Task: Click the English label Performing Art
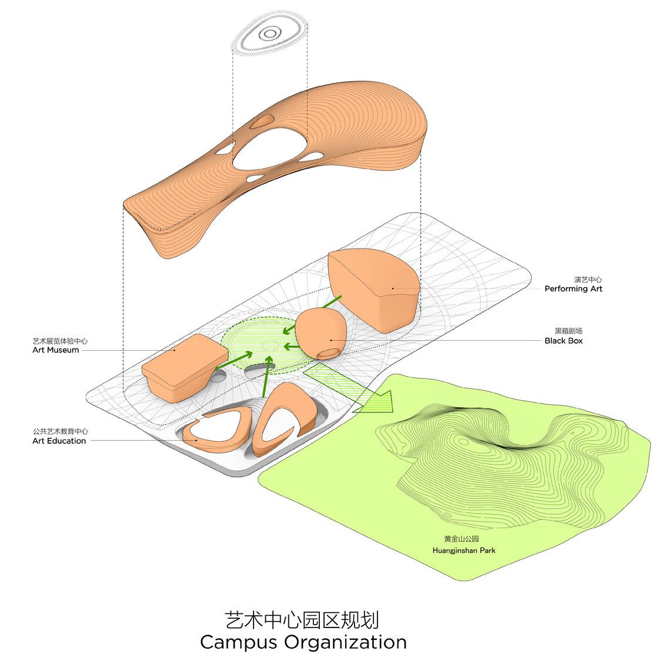[573, 288]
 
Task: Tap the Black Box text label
[563, 340]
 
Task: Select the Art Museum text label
[56, 350]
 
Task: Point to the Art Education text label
[59, 441]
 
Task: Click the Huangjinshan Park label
[464, 551]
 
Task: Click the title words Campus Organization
[303, 642]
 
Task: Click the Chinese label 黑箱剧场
[569, 331]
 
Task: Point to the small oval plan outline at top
[269, 34]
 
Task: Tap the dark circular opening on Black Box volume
[328, 353]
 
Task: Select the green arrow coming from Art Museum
[235, 360]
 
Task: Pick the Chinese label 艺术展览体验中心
[60, 341]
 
